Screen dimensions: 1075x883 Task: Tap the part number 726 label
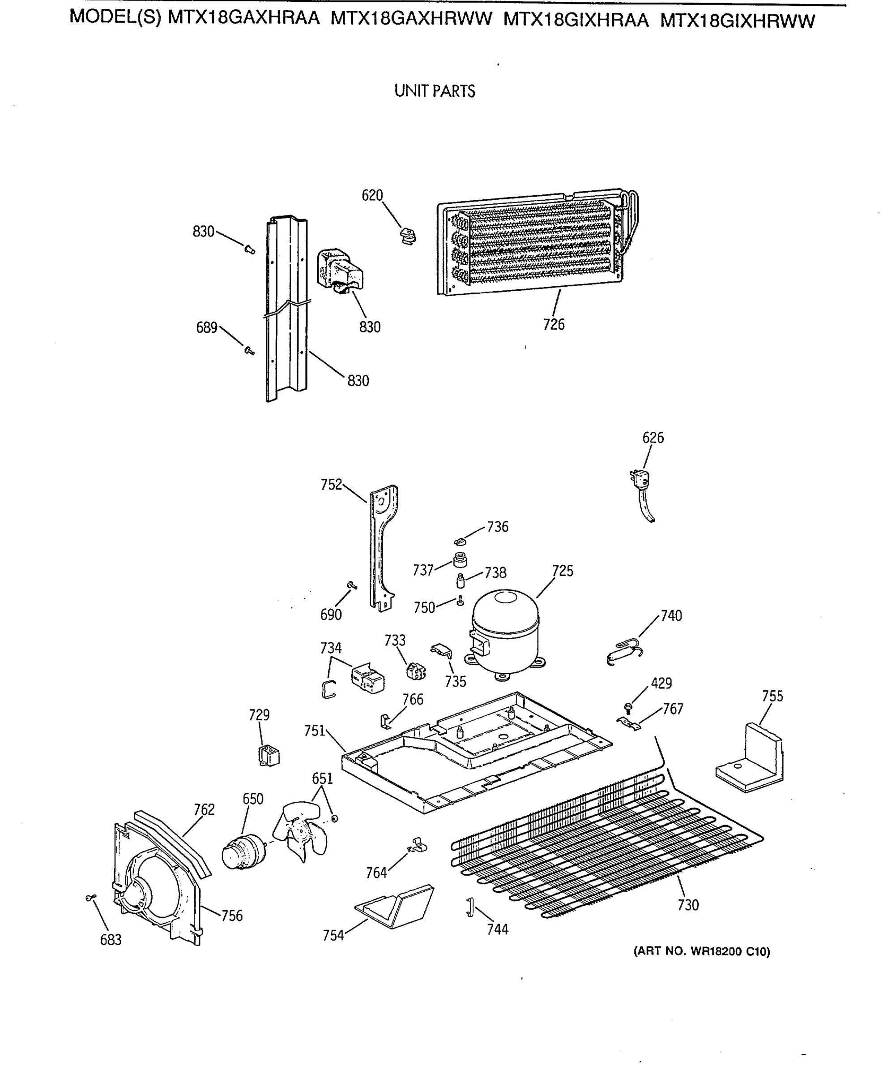pyautogui.click(x=554, y=324)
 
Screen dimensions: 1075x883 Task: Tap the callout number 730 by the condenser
pyautogui.click(x=688, y=905)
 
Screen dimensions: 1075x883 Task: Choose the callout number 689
pyautogui.click(x=206, y=328)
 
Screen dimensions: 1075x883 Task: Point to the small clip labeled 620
pyautogui.click(x=408, y=236)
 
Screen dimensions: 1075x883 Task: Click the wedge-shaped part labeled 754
pyautogui.click(x=396, y=907)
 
